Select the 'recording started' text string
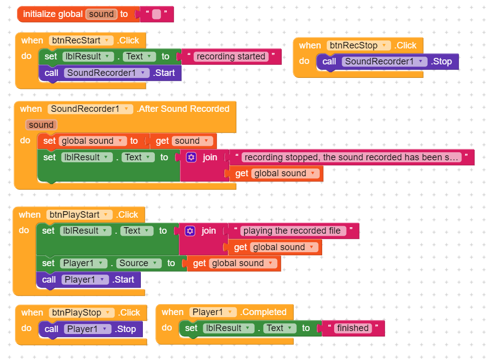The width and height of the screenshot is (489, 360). [x=231, y=56]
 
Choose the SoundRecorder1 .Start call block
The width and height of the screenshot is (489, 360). [x=164, y=73]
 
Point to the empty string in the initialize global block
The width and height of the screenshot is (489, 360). [x=156, y=14]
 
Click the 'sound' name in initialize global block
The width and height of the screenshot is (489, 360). [x=101, y=14]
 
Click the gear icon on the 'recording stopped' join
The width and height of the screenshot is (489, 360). [x=191, y=157]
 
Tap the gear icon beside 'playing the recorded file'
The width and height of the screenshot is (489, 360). [x=190, y=231]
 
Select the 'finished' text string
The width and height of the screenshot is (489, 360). [x=353, y=328]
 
